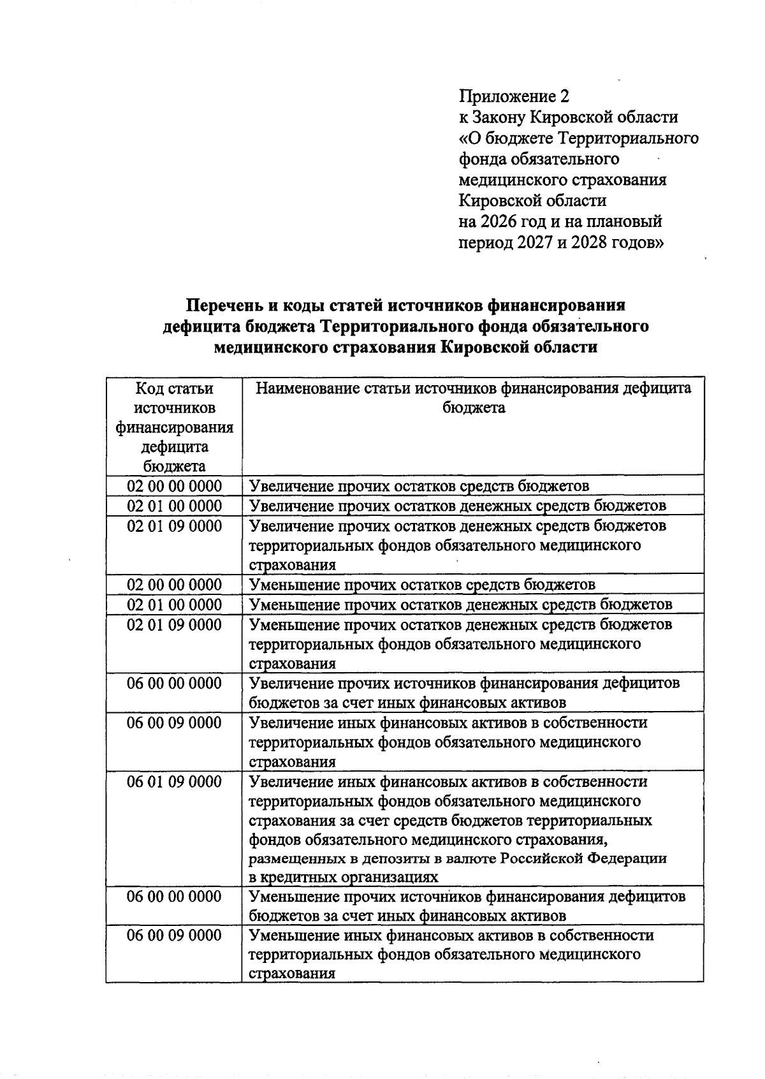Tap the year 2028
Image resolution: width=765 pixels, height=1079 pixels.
[595, 243]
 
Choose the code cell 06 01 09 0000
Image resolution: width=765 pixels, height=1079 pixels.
[174, 782]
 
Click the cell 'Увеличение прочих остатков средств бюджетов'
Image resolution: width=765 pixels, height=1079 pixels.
[419, 486]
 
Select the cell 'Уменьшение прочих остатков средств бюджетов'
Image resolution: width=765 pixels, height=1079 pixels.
[422, 585]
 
